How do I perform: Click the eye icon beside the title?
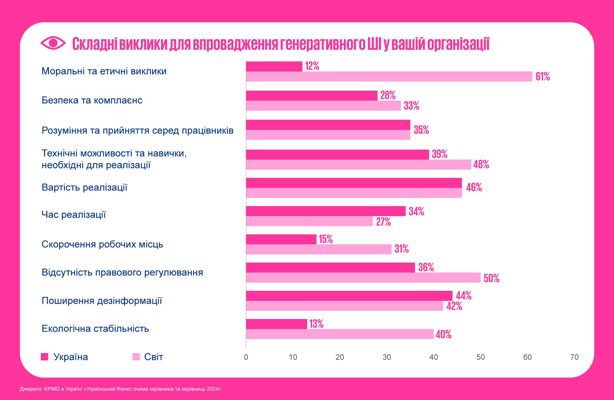point(53,43)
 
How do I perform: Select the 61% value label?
point(543,77)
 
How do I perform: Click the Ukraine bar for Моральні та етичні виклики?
point(274,66)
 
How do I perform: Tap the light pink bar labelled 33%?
point(323,106)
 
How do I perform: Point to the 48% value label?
point(481,165)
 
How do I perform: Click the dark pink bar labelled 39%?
point(338,155)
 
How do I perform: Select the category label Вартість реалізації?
point(84,187)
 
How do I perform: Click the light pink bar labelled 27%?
point(309,221)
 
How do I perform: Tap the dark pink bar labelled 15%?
point(281,239)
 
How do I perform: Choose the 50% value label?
point(491,278)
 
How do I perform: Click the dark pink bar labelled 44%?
point(349,296)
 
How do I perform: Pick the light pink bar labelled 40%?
point(340,334)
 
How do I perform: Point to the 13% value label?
point(316,324)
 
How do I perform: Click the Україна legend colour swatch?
point(44,357)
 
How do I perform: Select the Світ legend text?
point(154,357)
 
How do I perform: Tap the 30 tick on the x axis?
point(387,357)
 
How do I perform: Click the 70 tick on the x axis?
point(575,357)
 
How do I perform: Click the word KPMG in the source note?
point(52,389)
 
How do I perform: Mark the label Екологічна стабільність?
point(95,328)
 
